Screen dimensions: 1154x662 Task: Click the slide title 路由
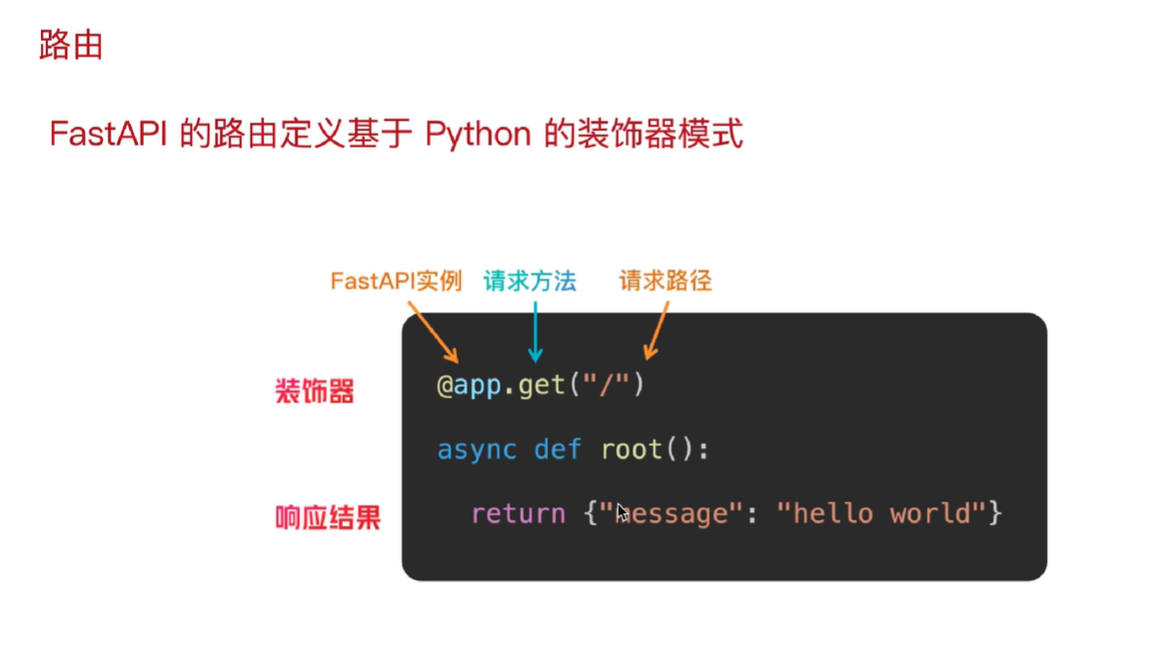pos(70,45)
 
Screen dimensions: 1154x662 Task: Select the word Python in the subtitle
pos(478,134)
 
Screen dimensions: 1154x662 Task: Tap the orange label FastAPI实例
pos(395,282)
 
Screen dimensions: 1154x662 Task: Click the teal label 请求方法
pos(530,282)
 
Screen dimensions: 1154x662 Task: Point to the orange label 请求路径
pos(666,282)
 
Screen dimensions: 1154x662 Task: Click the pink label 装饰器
pos(314,393)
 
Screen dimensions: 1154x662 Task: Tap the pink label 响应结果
pos(327,517)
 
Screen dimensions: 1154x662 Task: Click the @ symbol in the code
pos(444,385)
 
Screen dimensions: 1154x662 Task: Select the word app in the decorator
pos(478,385)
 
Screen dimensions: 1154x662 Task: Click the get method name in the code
pos(542,385)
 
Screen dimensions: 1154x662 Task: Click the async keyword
pos(477,449)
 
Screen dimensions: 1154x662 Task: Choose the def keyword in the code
pos(558,449)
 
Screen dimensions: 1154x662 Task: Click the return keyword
pos(518,513)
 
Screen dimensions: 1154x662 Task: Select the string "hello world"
pos(880,513)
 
